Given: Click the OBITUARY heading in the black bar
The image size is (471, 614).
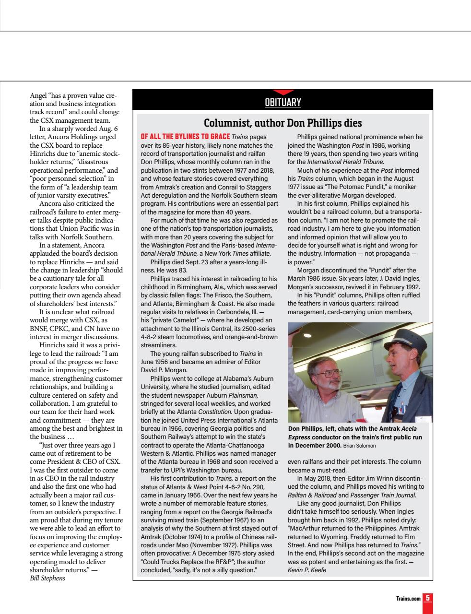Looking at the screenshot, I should point(283,102).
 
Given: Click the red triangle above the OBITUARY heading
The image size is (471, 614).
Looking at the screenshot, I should point(283,92).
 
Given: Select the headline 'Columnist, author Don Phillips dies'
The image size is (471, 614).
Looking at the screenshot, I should point(283,123).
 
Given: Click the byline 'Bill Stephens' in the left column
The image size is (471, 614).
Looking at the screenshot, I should point(47,578).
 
